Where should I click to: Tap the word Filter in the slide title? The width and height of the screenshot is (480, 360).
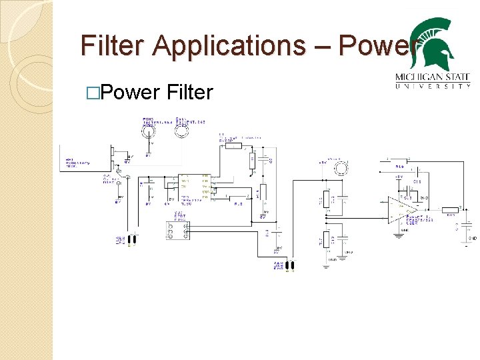pos(113,46)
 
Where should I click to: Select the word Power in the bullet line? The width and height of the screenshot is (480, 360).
pos(133,93)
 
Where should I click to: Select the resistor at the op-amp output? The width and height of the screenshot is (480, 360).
pos(451,209)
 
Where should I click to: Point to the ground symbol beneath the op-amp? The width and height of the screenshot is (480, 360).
pos(397,234)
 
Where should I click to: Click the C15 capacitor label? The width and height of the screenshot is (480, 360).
pos(417,181)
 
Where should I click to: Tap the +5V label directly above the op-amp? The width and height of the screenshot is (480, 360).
pos(399,177)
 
